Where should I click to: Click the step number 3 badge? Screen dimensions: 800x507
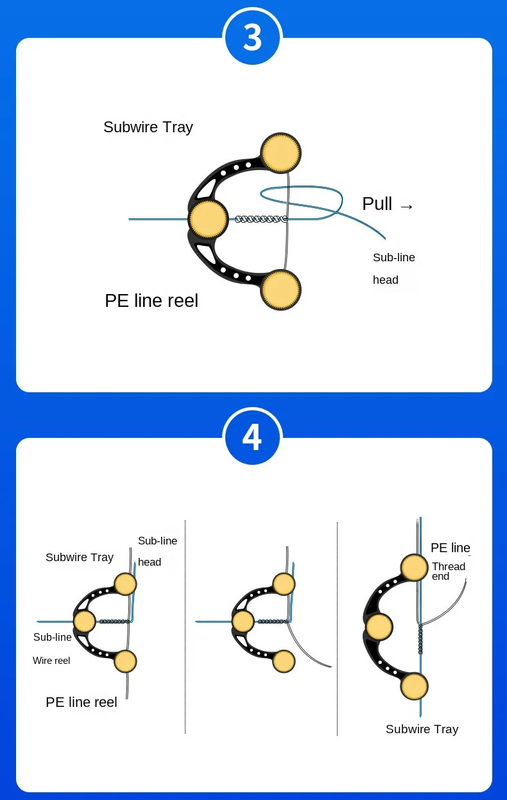252,37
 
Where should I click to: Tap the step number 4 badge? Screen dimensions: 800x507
252,437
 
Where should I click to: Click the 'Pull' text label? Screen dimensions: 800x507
377,204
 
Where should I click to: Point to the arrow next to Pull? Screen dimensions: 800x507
406,206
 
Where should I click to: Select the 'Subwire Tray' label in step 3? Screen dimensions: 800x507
148,127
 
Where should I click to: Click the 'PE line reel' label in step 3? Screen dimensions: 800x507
151,300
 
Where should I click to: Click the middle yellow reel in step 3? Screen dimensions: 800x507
208,219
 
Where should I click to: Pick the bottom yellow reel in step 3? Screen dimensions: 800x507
282,290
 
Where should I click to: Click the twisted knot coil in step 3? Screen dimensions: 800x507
260,219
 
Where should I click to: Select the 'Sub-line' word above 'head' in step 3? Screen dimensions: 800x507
394,257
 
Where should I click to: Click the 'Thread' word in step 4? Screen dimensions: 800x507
449,566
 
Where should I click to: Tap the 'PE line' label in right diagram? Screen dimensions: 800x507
451,548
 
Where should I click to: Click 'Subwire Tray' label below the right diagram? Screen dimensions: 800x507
422,729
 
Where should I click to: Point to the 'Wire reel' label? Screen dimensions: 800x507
51,660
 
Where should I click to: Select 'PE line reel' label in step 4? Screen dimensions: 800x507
82,702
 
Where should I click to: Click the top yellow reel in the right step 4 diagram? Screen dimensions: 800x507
414,568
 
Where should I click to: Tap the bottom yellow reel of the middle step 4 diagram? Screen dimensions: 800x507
283,661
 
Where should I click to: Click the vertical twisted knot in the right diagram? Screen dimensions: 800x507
421,639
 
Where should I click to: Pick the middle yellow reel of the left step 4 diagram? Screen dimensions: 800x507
84,621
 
